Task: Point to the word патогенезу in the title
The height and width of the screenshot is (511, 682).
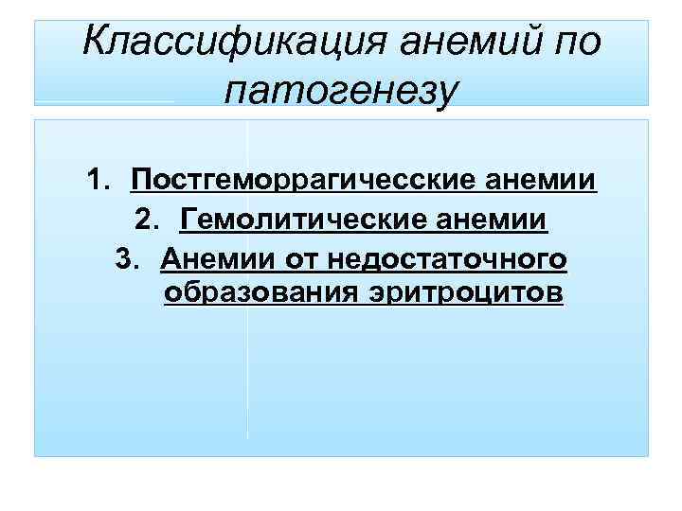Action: click(341, 91)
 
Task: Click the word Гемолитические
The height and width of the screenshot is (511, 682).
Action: click(297, 220)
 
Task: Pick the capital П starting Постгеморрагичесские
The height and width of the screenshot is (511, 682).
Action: click(141, 180)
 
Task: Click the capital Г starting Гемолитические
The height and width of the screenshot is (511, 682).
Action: click(188, 220)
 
